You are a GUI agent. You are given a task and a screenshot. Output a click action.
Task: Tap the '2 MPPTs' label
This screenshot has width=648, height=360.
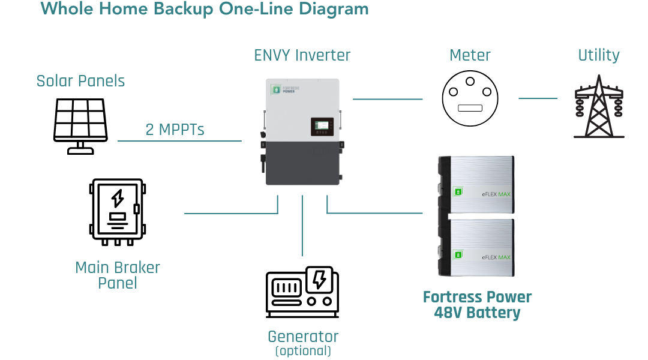pyautogui.click(x=175, y=130)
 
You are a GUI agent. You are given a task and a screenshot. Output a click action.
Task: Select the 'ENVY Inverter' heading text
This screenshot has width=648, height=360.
pyautogui.click(x=302, y=55)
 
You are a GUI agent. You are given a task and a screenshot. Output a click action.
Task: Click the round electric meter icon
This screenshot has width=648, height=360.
pyautogui.click(x=470, y=98)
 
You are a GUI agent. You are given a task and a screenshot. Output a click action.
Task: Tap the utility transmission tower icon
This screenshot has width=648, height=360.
pyautogui.click(x=598, y=106)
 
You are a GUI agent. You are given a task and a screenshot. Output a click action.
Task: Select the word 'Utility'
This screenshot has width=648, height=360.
pyautogui.click(x=598, y=55)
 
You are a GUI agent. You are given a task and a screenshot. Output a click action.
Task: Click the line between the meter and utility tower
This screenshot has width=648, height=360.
pyautogui.click(x=538, y=98)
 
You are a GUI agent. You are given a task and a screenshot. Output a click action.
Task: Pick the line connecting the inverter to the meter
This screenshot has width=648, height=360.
pyautogui.click(x=388, y=98)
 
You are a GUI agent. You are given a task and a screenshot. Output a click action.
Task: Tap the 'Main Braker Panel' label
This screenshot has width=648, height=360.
pyautogui.click(x=118, y=275)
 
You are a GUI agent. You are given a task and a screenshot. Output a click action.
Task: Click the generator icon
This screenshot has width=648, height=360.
pyautogui.click(x=302, y=292)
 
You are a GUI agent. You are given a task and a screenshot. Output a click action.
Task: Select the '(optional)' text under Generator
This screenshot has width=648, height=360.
pyautogui.click(x=302, y=350)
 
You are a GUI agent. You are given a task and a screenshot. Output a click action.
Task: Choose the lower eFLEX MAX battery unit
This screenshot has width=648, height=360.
pyautogui.click(x=477, y=248)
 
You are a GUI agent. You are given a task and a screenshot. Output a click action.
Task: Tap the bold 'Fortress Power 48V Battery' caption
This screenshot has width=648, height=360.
pyautogui.click(x=477, y=305)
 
